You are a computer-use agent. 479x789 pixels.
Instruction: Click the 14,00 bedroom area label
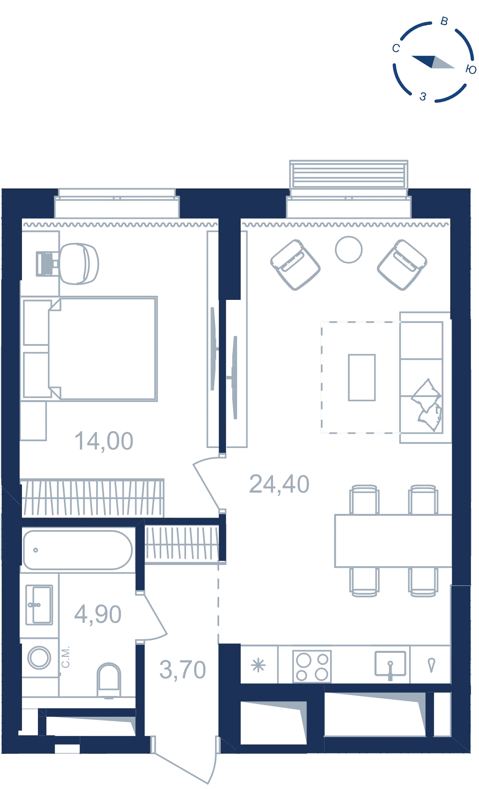pyautogui.click(x=104, y=441)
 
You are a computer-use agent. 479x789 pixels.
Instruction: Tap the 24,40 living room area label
pyautogui.click(x=279, y=484)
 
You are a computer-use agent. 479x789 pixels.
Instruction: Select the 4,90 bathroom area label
pyautogui.click(x=98, y=614)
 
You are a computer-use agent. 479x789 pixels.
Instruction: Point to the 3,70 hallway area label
pyautogui.click(x=182, y=669)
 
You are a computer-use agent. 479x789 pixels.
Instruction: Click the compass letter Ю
pyautogui.click(x=471, y=69)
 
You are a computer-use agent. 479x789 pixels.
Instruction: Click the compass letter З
pyautogui.click(x=423, y=96)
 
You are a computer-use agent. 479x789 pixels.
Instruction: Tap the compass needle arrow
pyautogui.click(x=433, y=62)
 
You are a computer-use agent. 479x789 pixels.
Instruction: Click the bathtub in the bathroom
pyautogui.click(x=78, y=550)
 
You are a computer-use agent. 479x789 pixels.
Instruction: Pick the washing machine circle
pyautogui.click(x=39, y=657)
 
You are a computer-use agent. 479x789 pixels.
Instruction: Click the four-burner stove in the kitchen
pyautogui.click(x=312, y=666)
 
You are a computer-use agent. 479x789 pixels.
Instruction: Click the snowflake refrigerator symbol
pyautogui.click(x=258, y=666)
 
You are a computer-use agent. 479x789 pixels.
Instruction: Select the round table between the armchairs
pyautogui.click(x=349, y=250)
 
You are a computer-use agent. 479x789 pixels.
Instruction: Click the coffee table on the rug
pyautogui.click(x=362, y=377)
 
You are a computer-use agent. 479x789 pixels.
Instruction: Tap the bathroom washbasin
pyautogui.click(x=39, y=605)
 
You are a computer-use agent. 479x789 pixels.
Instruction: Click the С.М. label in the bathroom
pyautogui.click(x=66, y=656)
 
